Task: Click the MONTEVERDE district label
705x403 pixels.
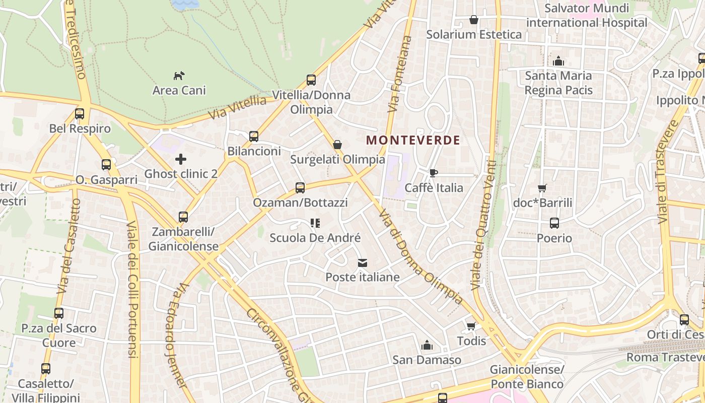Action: pos(413,140)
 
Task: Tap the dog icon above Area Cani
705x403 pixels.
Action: pos(179,76)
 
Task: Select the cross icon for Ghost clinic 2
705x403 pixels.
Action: pos(181,160)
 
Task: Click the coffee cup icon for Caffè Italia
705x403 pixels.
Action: pos(433,173)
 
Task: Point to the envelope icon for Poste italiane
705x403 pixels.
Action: pos(362,263)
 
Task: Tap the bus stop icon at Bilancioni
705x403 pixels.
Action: pos(254,137)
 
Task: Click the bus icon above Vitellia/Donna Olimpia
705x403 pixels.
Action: pos(311,80)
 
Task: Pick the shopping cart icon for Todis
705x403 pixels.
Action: pos(471,326)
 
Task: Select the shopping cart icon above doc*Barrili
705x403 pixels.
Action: pos(542,188)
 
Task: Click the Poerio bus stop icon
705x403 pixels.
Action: pos(554,223)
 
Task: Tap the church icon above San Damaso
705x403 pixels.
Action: pos(427,346)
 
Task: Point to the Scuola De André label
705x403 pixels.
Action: pos(315,238)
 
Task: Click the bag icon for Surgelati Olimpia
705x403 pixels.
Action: pos(337,145)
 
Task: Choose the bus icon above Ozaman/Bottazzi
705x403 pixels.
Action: pos(300,188)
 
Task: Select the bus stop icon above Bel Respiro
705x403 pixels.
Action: pos(80,114)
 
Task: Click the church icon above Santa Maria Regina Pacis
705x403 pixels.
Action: pos(558,61)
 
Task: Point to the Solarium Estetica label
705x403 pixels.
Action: pos(474,34)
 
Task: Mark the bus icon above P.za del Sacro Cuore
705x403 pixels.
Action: pos(59,313)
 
